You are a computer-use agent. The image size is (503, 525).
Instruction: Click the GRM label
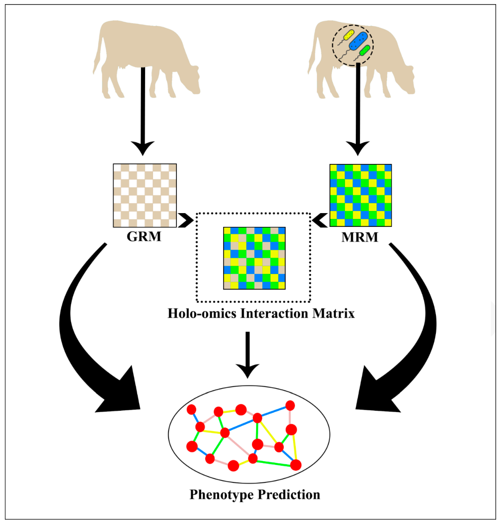[x=144, y=237]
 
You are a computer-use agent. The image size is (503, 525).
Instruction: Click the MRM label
[x=360, y=237]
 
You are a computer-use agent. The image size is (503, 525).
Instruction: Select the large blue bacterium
[x=358, y=41]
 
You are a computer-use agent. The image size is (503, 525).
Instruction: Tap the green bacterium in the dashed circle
[x=365, y=50]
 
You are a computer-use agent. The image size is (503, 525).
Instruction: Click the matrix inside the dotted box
[x=254, y=258]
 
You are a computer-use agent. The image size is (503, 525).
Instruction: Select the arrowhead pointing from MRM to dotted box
[x=320, y=220]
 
